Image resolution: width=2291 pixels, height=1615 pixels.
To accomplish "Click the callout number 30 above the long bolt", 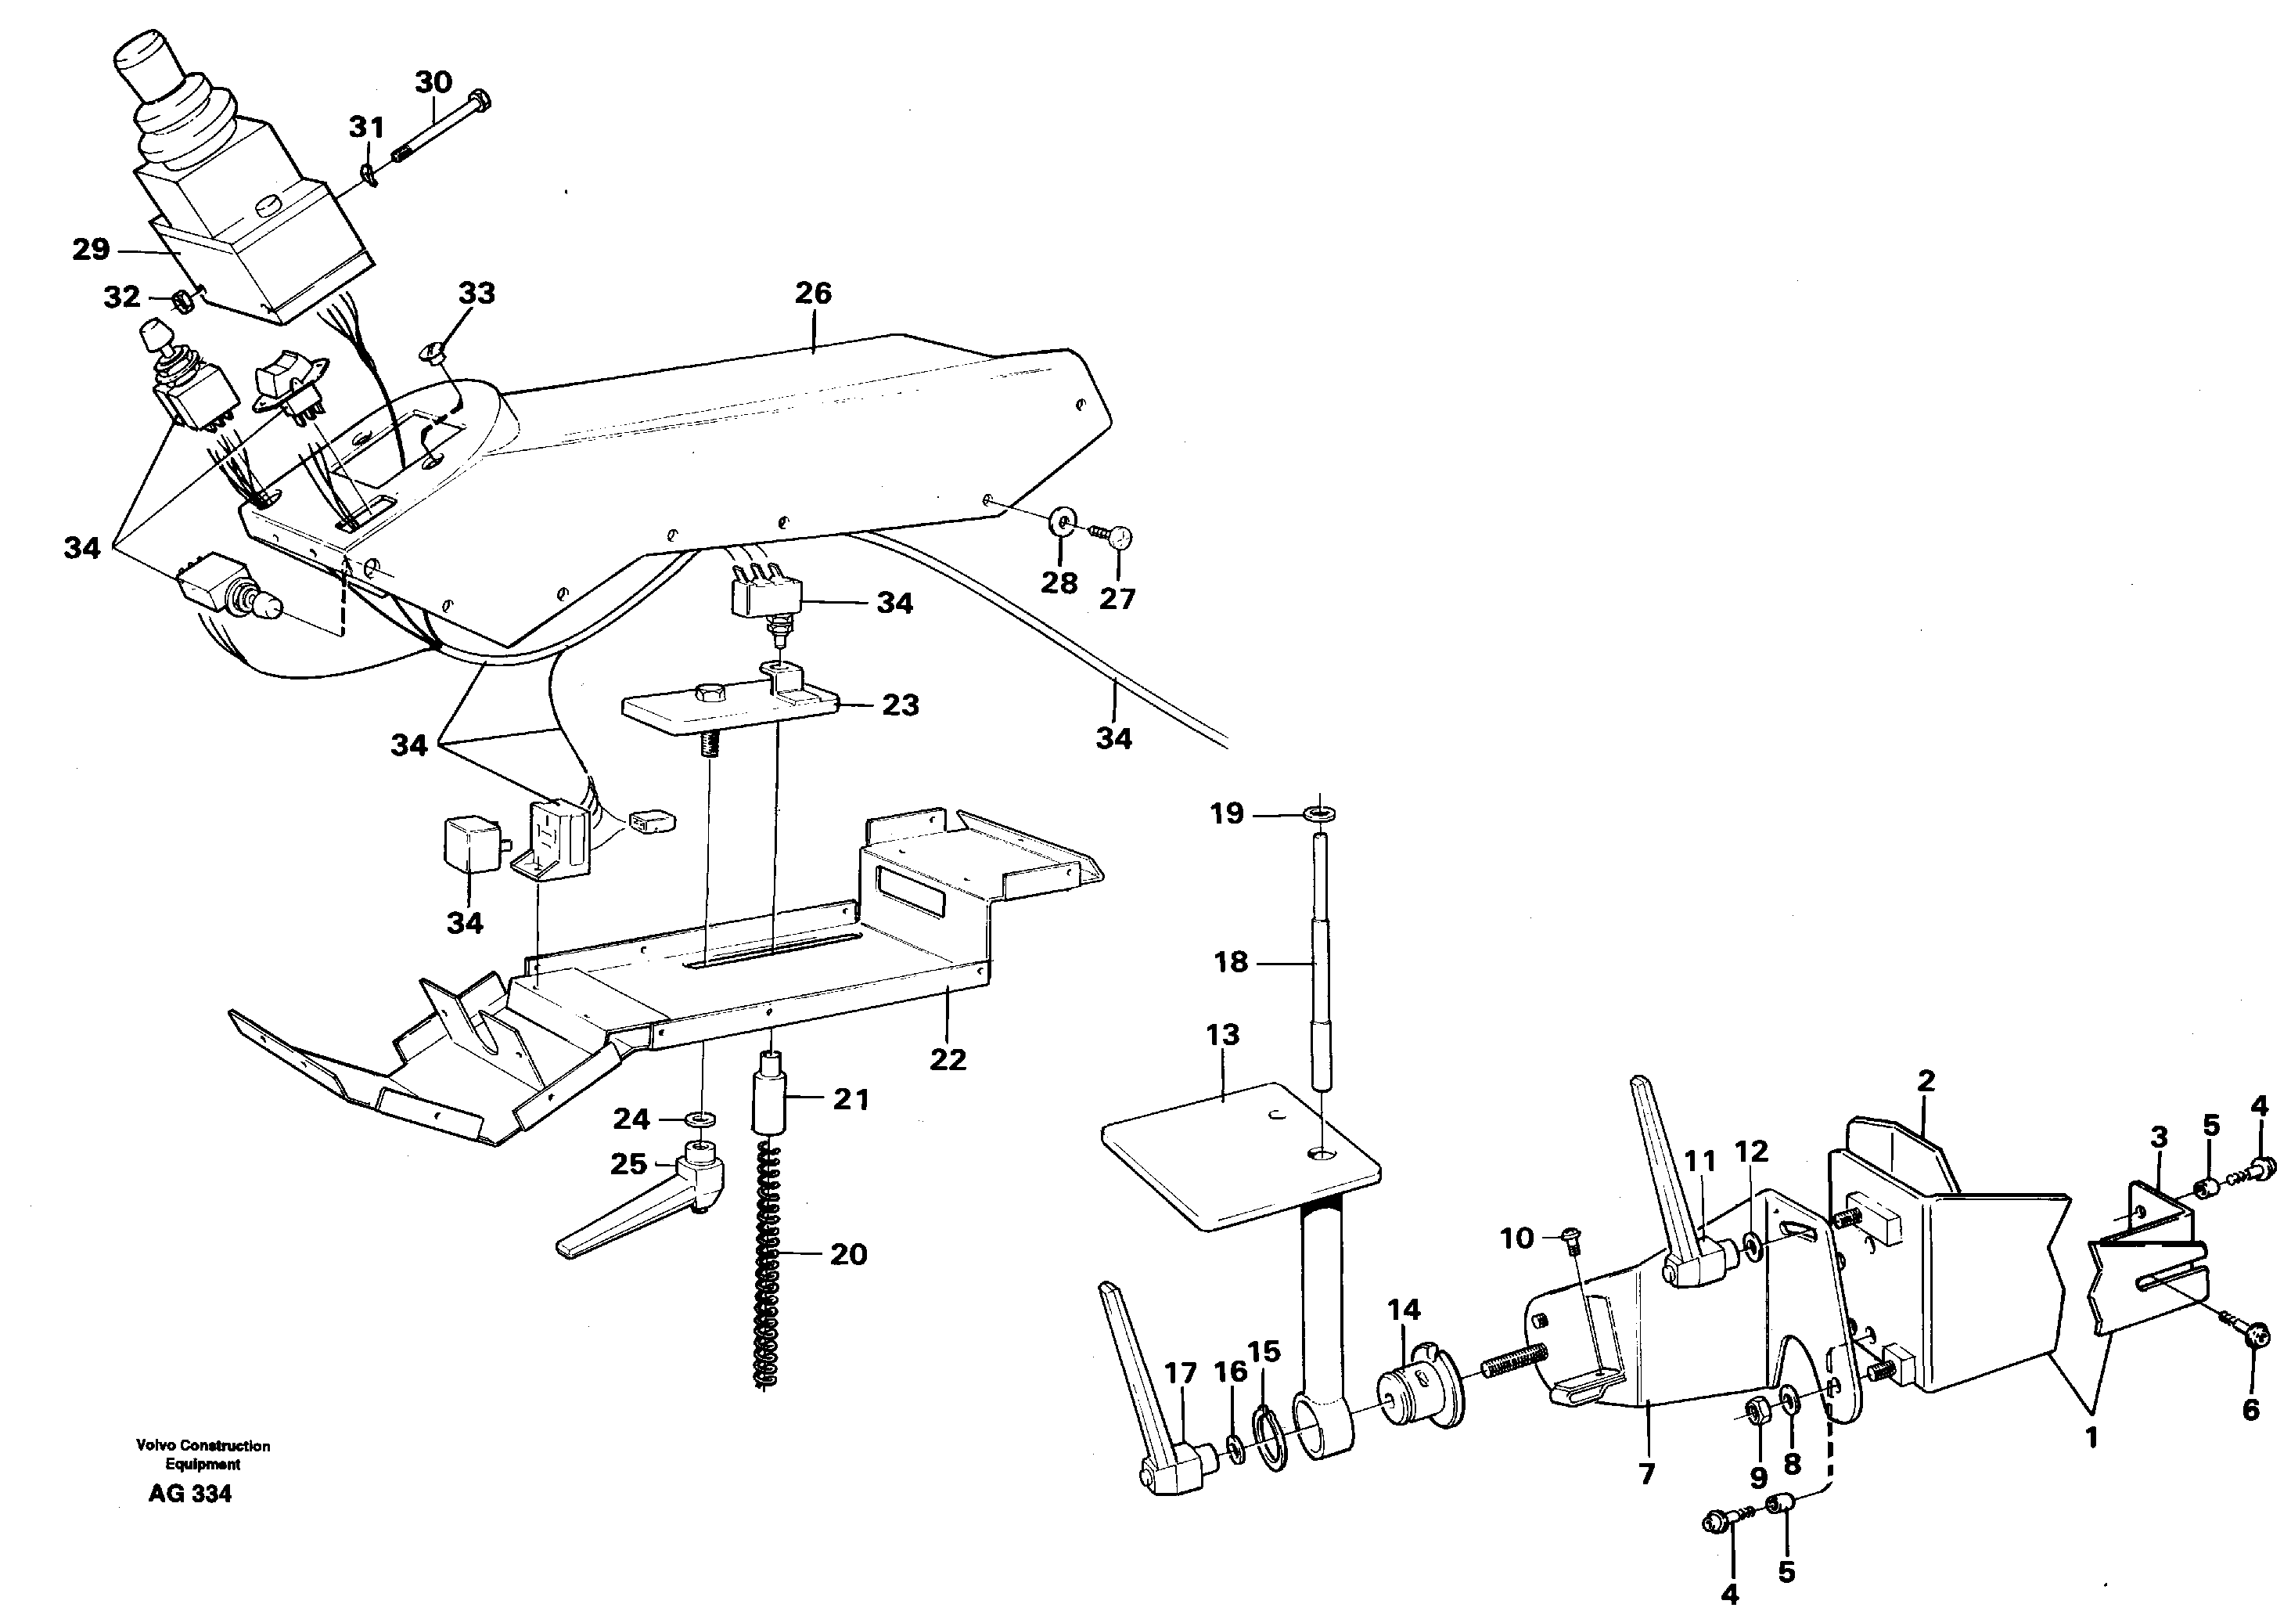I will (433, 82).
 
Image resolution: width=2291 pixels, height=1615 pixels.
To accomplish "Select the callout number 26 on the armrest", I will (813, 293).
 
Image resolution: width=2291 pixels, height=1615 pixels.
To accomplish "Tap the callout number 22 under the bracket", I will (948, 1059).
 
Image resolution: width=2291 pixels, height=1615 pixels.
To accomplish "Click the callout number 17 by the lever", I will (1181, 1372).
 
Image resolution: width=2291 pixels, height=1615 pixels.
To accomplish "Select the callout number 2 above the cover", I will (1925, 1080).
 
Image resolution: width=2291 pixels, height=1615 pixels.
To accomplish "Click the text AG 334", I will (189, 1493).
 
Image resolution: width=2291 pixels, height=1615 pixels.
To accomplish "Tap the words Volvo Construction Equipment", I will (203, 1455).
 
